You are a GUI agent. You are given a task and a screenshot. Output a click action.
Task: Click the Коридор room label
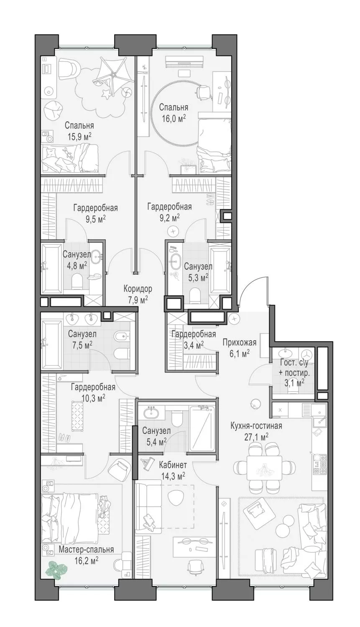138,288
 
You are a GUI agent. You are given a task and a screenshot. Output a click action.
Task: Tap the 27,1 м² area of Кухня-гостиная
256,437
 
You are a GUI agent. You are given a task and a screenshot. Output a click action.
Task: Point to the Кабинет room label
173,465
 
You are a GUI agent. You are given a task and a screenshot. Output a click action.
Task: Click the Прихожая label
240,342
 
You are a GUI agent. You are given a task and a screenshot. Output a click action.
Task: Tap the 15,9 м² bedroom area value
79,137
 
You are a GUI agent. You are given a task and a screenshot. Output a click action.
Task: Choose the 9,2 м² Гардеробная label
170,212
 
